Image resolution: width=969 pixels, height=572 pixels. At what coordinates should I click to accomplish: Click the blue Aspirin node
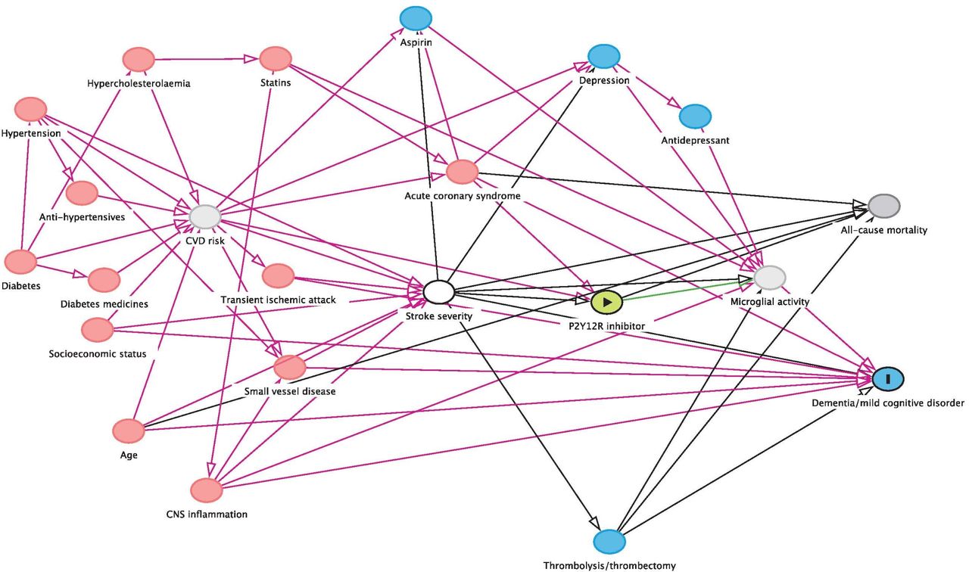tap(416, 18)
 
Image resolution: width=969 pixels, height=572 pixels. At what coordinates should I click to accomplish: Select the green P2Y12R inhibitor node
tap(607, 302)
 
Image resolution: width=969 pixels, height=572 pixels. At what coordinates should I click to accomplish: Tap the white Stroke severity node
tap(438, 292)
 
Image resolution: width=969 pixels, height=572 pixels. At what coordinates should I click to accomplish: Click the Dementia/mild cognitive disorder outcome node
tap(888, 379)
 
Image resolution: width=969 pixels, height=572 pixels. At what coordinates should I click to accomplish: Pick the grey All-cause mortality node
tap(884, 207)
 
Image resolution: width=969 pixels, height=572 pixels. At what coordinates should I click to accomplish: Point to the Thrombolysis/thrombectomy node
tap(609, 541)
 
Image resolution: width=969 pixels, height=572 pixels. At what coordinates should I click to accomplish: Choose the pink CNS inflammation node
tap(207, 490)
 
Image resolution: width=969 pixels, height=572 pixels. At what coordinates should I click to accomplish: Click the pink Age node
tap(129, 431)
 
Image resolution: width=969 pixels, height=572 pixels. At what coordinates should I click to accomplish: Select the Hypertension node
tap(31, 110)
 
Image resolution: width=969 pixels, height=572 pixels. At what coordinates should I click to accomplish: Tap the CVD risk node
tap(205, 216)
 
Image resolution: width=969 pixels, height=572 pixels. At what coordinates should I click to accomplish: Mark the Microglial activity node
tap(770, 277)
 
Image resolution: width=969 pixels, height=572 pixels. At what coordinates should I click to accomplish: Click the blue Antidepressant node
tap(695, 117)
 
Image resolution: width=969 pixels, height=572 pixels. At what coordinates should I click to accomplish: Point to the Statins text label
tap(276, 82)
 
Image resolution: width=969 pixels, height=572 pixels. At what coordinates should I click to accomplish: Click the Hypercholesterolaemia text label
tap(139, 83)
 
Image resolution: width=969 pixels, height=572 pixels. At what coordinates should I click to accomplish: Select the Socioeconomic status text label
tap(98, 353)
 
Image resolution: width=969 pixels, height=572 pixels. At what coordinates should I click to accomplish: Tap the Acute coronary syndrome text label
tap(463, 196)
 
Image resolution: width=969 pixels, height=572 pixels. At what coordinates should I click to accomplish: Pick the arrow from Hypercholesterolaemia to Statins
tap(207, 59)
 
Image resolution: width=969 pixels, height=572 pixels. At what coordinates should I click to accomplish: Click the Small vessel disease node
tap(290, 367)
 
